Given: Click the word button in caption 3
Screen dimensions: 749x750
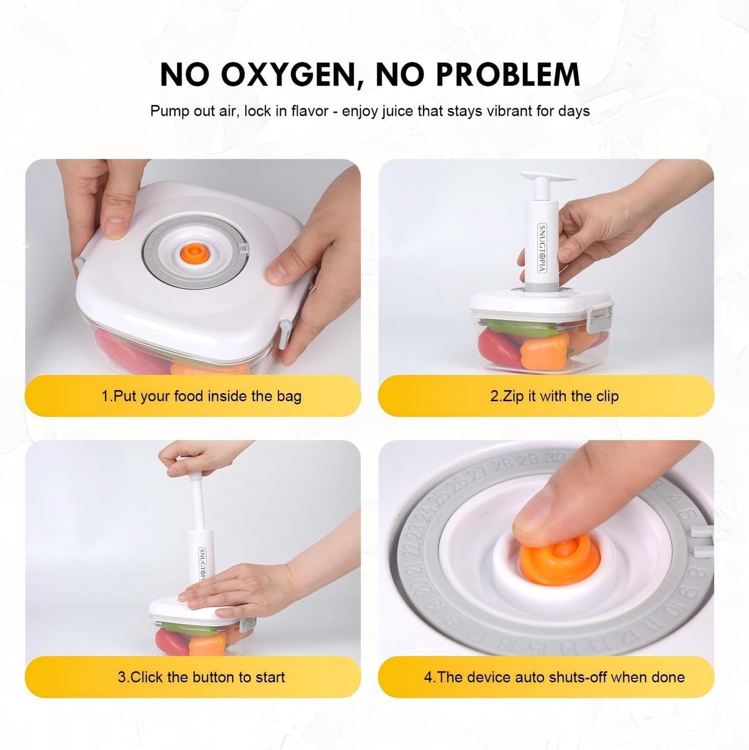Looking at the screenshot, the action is click(x=221, y=677).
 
